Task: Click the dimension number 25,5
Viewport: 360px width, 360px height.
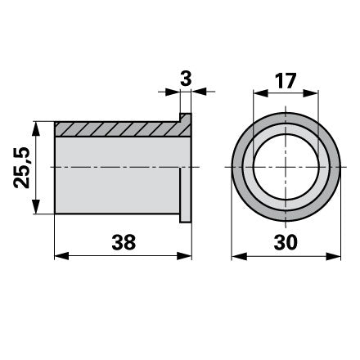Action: pos(21,168)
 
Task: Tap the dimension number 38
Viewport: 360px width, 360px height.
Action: pos(124,242)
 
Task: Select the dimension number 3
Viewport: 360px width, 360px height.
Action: pos(186,79)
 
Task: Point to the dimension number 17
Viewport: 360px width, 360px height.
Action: pos(286,81)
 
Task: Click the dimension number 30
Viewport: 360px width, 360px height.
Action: pos(286,242)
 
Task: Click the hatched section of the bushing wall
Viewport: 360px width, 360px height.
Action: pos(120,129)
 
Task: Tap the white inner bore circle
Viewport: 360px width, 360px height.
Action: pos(286,167)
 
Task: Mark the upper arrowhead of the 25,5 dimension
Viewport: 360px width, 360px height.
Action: pos(36,129)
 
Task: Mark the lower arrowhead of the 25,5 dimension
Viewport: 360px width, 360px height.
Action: pos(36,206)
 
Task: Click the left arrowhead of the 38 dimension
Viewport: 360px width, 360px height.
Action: pos(61,256)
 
